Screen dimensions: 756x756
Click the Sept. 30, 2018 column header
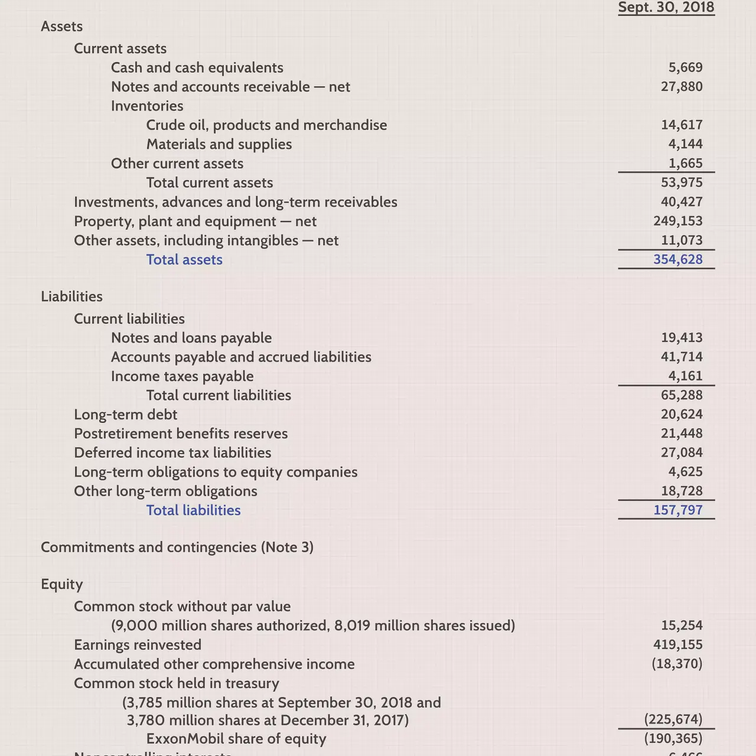point(666,8)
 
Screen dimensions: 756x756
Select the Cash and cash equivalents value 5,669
point(685,68)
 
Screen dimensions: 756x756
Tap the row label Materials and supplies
point(219,145)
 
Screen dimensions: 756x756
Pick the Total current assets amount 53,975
point(682,183)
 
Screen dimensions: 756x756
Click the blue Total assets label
point(184,260)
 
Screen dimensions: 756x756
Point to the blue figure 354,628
point(678,260)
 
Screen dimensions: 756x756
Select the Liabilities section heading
point(71,296)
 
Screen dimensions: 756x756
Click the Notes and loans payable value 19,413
point(682,338)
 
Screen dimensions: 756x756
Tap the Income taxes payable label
point(182,376)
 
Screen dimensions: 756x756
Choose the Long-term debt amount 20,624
point(682,415)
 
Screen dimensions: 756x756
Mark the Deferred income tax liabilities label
point(172,453)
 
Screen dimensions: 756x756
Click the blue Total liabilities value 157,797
point(678,510)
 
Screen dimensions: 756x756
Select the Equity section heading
point(61,584)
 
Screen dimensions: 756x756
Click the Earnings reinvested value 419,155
point(678,645)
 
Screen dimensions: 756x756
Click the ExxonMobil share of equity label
point(236,739)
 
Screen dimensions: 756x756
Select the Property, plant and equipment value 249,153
point(678,221)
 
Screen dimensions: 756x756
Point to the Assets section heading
point(61,27)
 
